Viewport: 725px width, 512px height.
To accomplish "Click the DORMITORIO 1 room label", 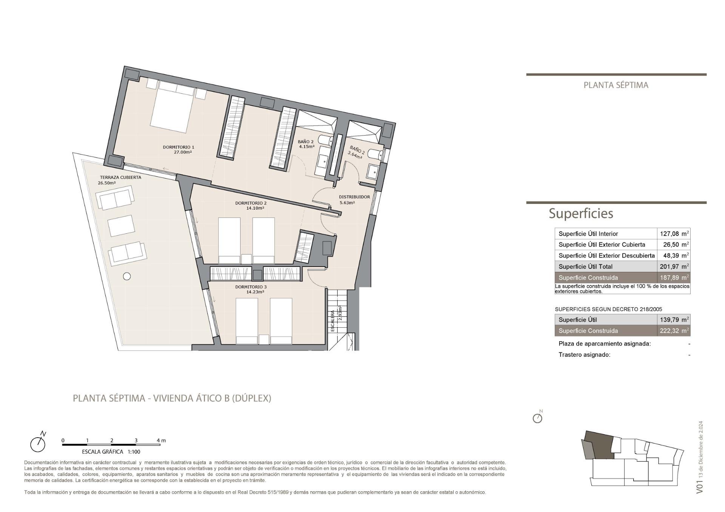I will click(178, 147).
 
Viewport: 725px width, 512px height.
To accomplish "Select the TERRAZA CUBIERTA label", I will click(120, 177).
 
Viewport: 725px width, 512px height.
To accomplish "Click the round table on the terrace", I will click(127, 276).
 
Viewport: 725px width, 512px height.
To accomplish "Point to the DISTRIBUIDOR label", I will click(354, 197).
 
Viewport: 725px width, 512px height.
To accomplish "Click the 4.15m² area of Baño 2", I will click(307, 147).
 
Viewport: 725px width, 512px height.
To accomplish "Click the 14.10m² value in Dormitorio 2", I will click(255, 208).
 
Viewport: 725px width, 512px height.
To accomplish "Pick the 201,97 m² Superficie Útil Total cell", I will click(674, 267).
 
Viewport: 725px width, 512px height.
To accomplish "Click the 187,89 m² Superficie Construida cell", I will click(674, 278).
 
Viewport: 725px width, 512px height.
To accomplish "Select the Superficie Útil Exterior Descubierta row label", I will click(606, 256).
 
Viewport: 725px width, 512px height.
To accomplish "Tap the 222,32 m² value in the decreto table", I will click(674, 331).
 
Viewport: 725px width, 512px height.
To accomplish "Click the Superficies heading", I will click(581, 214).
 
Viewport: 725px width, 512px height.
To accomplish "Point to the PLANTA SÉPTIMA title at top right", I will click(616, 85).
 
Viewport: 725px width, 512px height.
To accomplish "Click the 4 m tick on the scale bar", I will click(160, 441).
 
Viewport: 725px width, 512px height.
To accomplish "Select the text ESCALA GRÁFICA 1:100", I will click(111, 452).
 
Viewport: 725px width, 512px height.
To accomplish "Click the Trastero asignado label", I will click(584, 355).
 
